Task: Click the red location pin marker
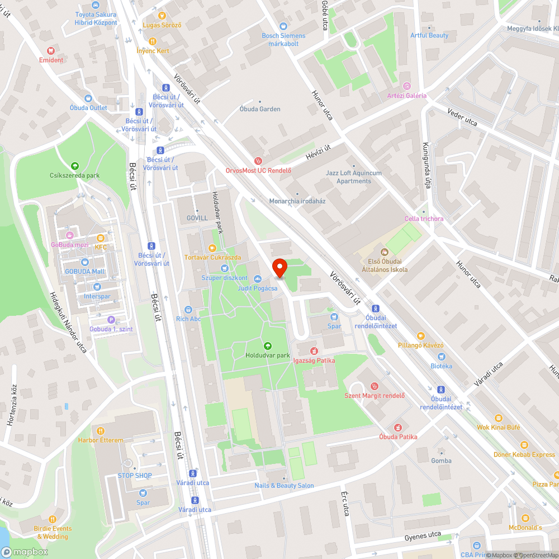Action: click(x=279, y=268)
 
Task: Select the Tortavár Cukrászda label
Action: click(x=212, y=257)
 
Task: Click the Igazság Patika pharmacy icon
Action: click(x=314, y=351)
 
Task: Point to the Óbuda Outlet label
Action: click(x=88, y=108)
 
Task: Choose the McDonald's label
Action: click(x=525, y=528)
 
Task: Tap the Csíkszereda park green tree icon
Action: click(x=74, y=165)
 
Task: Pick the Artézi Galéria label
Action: click(x=406, y=96)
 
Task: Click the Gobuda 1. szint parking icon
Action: click(x=111, y=320)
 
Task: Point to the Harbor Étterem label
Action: click(x=101, y=440)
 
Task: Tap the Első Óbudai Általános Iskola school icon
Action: click(x=384, y=252)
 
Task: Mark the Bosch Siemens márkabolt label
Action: click(x=283, y=40)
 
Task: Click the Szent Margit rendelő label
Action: click(x=375, y=396)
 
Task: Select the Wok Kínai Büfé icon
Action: click(x=498, y=418)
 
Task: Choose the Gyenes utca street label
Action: click(x=422, y=536)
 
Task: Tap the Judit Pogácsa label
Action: click(x=257, y=288)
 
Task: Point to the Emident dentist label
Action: click(x=51, y=60)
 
